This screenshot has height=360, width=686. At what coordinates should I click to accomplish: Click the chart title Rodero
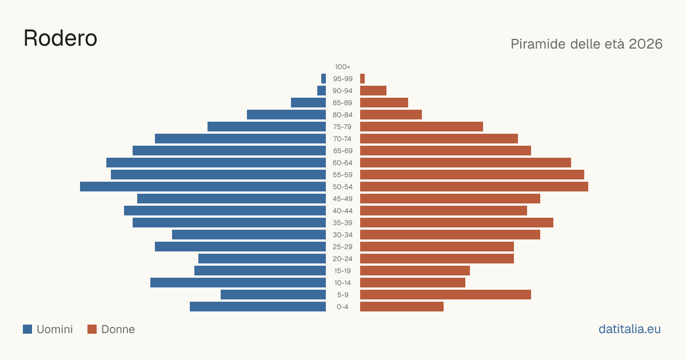(61, 38)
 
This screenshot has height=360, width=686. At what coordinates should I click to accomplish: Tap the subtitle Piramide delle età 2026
(587, 44)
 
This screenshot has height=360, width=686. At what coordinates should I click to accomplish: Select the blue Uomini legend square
(27, 329)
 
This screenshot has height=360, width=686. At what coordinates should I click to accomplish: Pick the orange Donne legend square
(92, 329)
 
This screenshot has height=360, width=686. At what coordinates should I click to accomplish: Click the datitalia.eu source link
(629, 329)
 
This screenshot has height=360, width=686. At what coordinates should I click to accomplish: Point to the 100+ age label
(342, 67)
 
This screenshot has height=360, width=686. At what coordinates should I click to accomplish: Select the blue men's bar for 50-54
(203, 187)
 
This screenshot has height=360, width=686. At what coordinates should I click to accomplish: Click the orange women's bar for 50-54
(474, 187)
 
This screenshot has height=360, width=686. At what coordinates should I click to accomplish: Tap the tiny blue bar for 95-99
(324, 79)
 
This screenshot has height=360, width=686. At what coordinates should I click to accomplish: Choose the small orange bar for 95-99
(362, 79)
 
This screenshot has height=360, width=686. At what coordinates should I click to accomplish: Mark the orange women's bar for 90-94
(373, 91)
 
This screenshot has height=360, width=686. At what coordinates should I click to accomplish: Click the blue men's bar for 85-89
(308, 102)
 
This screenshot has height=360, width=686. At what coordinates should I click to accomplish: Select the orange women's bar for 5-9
(445, 295)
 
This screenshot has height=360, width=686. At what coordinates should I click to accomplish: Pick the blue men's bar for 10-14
(238, 282)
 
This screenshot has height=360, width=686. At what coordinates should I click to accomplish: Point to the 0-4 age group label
(342, 307)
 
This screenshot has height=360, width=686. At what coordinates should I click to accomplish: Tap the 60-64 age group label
(342, 163)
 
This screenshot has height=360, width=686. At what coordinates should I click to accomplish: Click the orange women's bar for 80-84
(391, 114)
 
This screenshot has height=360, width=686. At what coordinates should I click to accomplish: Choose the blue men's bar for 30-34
(249, 235)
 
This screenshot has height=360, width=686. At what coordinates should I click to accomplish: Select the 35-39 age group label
(342, 223)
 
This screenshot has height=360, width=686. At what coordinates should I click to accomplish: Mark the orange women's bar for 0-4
(402, 307)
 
